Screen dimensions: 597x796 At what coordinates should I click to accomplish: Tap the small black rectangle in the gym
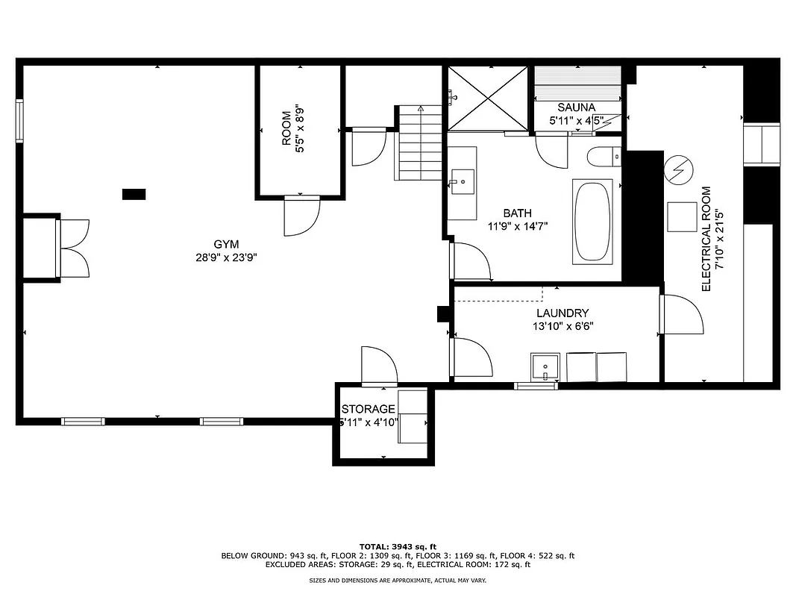tap(134, 194)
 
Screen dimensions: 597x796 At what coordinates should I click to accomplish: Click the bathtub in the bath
tap(592, 221)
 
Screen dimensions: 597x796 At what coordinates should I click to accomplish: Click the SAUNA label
tap(577, 107)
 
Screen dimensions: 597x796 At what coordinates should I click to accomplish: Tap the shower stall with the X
tap(486, 99)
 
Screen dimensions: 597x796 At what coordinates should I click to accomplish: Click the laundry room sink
tap(545, 366)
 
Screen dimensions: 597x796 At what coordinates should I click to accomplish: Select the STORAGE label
tap(368, 409)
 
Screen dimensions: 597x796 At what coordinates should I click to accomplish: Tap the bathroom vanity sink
tap(463, 181)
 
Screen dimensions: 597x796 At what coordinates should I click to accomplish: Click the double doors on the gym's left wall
tap(73, 249)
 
